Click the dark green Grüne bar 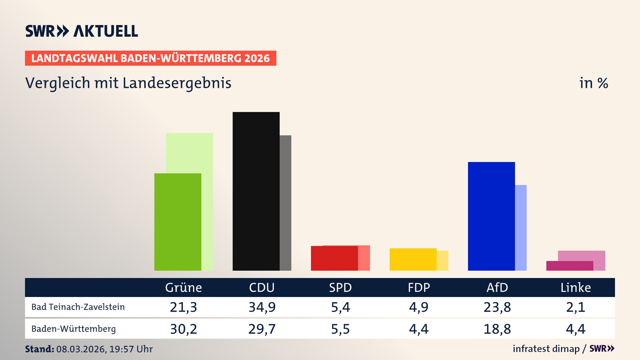[x=178, y=222]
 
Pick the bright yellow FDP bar [x=413, y=259]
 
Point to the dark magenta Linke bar [x=570, y=266]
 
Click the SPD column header [x=340, y=288]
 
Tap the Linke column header [x=576, y=288]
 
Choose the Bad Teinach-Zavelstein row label [x=78, y=307]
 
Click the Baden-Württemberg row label [x=74, y=329]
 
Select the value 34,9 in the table [x=262, y=307]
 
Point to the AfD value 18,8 [x=497, y=329]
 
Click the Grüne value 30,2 [x=183, y=329]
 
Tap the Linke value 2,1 [x=576, y=307]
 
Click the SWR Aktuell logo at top [x=82, y=31]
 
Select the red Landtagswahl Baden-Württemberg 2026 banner [x=150, y=58]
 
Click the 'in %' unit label [x=594, y=83]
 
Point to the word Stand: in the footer [x=39, y=349]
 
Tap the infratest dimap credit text [x=546, y=349]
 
